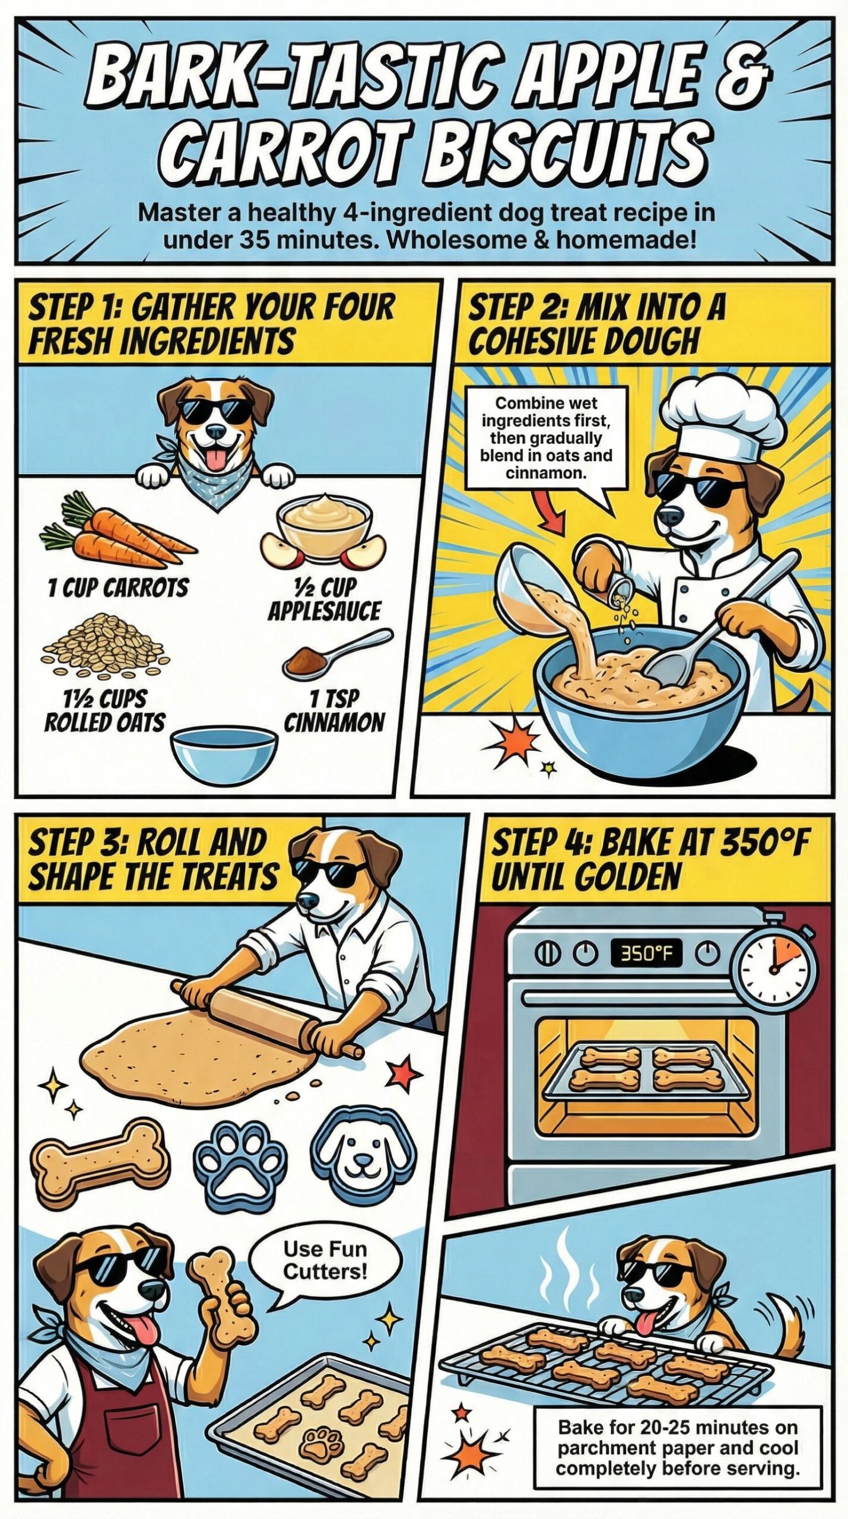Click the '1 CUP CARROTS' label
click(117, 588)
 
